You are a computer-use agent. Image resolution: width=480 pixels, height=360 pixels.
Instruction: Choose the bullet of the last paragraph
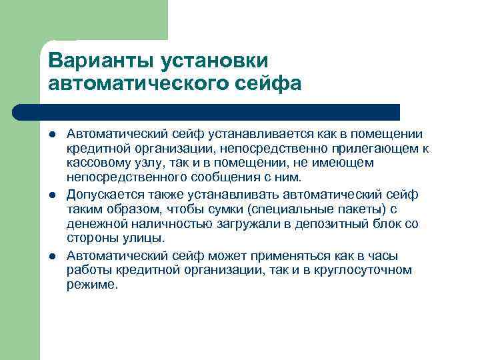[x=53, y=256]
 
